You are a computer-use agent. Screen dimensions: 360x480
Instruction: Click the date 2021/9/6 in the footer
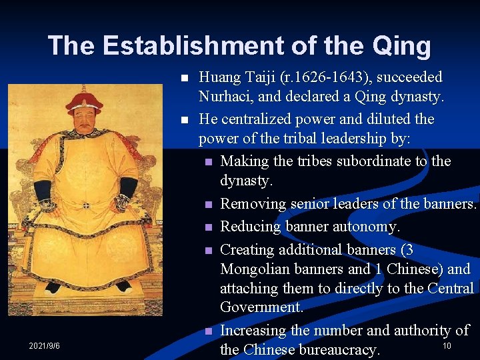[x=44, y=346]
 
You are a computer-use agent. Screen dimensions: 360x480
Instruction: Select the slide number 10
[x=447, y=345]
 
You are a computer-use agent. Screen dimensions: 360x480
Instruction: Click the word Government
[x=261, y=307]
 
